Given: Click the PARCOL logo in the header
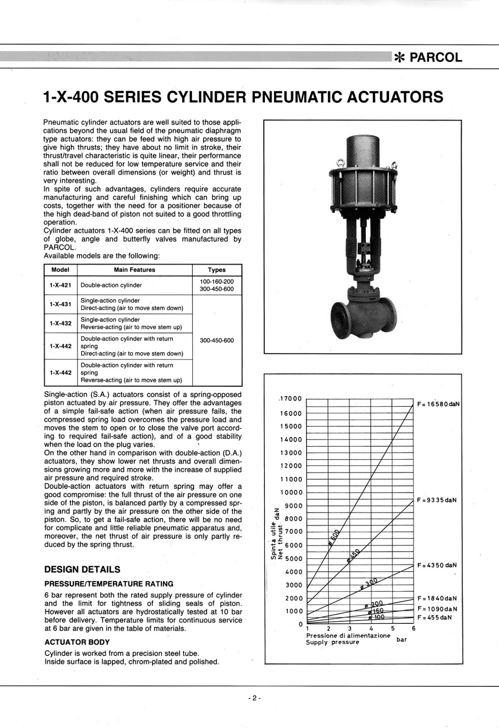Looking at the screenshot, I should [x=428, y=57].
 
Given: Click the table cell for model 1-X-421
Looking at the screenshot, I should [x=60, y=285].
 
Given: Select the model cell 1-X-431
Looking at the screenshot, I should [x=60, y=304].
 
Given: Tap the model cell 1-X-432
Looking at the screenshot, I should [x=60, y=323].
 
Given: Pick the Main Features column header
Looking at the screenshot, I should [x=134, y=270].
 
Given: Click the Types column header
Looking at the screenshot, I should [x=216, y=270].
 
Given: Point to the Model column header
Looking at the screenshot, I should [x=60, y=270].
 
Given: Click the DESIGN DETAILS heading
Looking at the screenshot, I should [x=82, y=569].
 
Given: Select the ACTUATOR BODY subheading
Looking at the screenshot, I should [x=77, y=642].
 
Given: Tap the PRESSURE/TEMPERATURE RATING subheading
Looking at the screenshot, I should [x=109, y=584].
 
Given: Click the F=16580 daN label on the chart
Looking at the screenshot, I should [x=438, y=404].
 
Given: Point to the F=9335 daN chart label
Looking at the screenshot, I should [x=436, y=500].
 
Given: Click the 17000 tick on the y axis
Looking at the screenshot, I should [x=291, y=399].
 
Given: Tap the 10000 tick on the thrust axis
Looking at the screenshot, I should [x=291, y=492].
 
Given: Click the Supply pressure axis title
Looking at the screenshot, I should [x=332, y=642].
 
